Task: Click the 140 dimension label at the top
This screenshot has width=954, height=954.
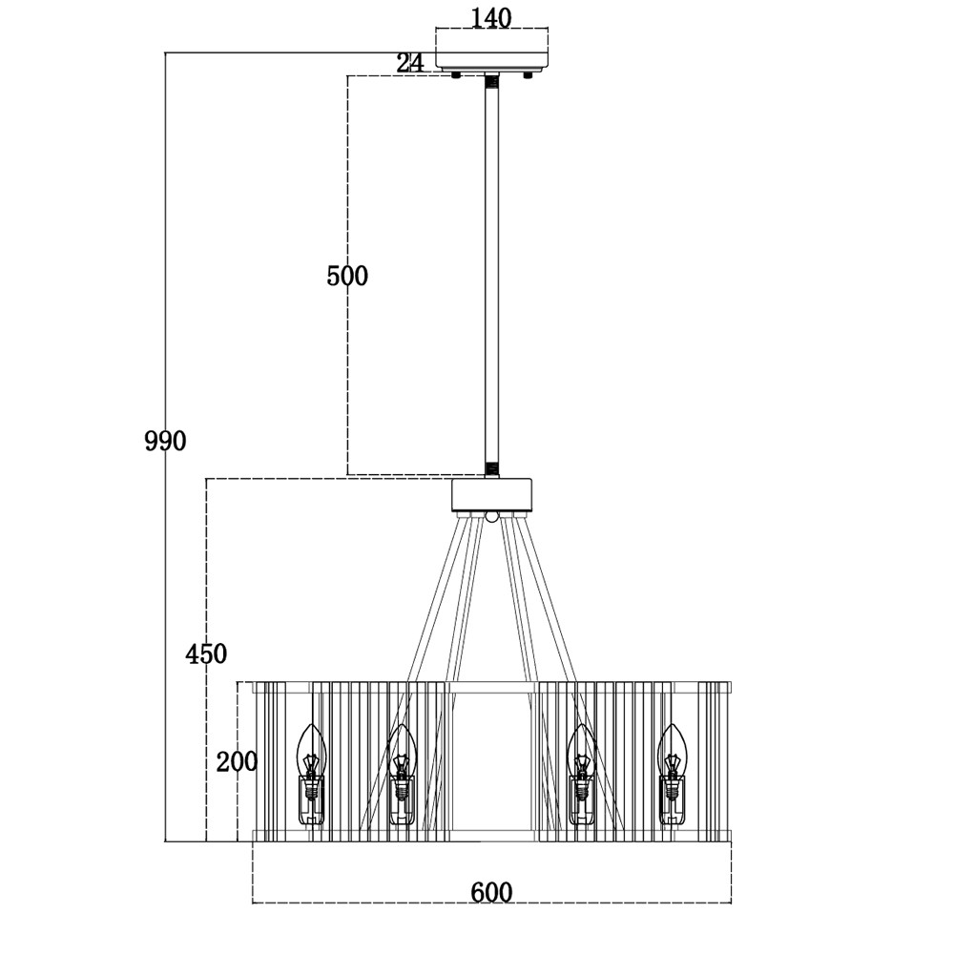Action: [491, 17]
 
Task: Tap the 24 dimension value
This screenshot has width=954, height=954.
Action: [409, 63]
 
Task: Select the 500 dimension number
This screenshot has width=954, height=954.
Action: [346, 276]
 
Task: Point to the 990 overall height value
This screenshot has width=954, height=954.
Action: [165, 441]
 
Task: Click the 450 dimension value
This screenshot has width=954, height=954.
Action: [206, 653]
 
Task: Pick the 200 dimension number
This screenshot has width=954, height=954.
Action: [237, 761]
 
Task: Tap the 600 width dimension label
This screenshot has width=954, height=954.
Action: [491, 892]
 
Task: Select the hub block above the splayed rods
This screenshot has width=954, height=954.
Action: [492, 494]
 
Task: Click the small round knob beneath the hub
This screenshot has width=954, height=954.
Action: [492, 517]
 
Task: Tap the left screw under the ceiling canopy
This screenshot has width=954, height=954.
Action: [457, 74]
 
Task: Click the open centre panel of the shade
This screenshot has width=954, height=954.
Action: [492, 763]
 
